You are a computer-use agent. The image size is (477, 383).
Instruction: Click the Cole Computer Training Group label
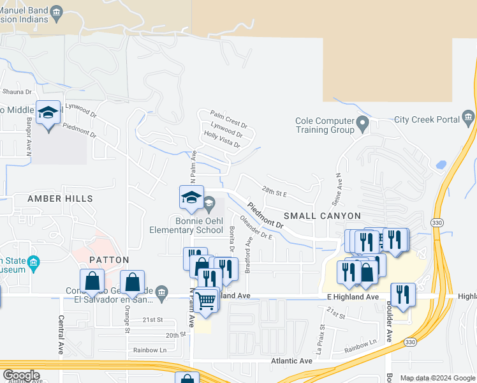[325, 125]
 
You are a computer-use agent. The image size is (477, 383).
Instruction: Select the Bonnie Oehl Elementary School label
[186, 225]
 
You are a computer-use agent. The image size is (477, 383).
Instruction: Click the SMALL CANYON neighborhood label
[322, 216]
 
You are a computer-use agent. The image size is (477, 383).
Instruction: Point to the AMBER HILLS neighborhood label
[60, 199]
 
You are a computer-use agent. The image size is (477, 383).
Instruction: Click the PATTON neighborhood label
[109, 260]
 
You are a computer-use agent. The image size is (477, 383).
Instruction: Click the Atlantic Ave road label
[292, 361]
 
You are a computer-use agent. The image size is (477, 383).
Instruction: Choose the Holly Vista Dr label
[221, 140]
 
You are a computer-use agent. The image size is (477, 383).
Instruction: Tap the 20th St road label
[174, 334]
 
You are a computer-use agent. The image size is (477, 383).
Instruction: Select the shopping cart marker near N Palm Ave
[205, 299]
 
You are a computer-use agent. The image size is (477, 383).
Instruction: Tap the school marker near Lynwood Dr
[48, 112]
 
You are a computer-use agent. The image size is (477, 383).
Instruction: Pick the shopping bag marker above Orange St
[132, 282]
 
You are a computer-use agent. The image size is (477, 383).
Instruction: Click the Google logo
[21, 375]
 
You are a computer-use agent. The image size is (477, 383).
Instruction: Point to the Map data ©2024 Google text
[437, 378]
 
